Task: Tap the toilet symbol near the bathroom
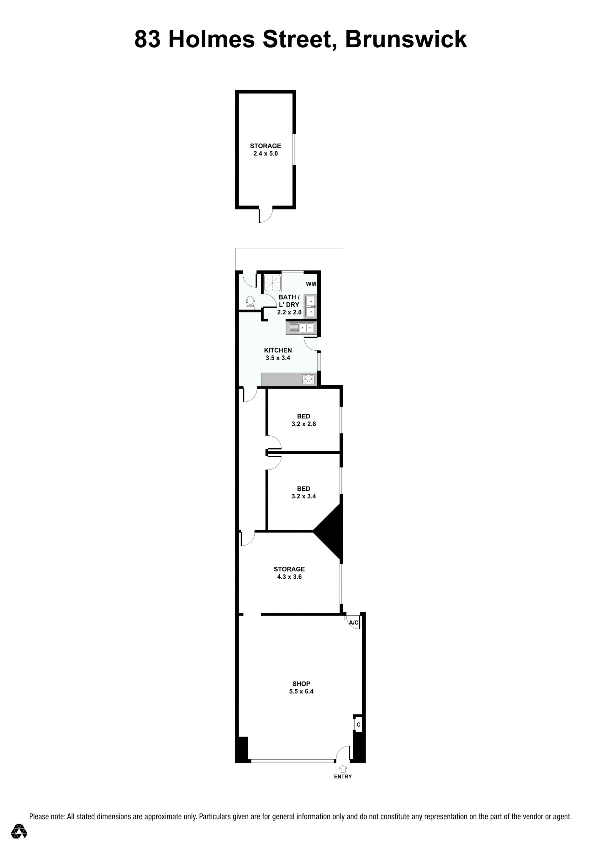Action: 251,302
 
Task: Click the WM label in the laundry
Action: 311,284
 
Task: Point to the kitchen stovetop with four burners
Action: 309,379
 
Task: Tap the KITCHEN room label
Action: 278,350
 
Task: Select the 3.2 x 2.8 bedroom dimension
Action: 304,424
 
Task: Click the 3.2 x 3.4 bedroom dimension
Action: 304,496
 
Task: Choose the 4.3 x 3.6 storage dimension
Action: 289,577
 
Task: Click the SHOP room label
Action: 301,684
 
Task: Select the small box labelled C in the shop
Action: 358,724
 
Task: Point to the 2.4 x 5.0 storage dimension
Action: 266,153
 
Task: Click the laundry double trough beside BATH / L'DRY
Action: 310,306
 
